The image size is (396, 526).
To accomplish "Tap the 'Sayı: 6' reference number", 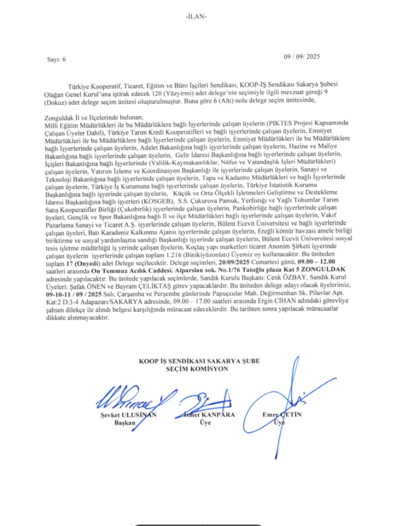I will (57, 59).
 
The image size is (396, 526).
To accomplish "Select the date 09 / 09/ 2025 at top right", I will (302, 57).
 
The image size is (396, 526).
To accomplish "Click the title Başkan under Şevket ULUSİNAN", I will (124, 422).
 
